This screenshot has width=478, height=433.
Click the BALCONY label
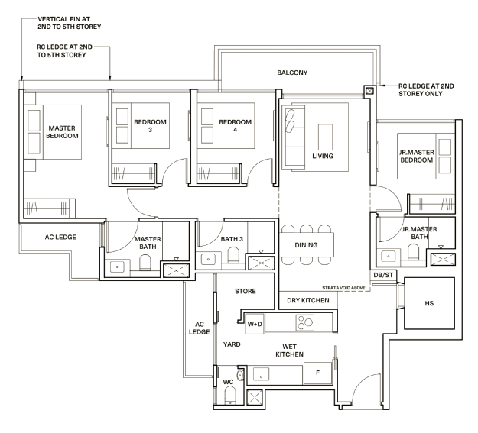click(x=292, y=73)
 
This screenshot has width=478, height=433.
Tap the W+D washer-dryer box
click(x=255, y=324)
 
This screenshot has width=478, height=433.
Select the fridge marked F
click(x=317, y=373)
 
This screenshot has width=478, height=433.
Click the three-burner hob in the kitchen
click(x=305, y=323)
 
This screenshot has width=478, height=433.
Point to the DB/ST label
click(x=383, y=275)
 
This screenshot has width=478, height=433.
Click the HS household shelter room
click(x=429, y=303)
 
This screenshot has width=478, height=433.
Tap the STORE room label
click(x=245, y=291)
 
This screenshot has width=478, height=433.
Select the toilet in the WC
click(x=230, y=396)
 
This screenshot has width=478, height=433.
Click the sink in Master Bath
click(x=117, y=267)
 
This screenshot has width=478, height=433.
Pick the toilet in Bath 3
click(x=233, y=255)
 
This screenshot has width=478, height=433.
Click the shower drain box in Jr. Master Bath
click(x=443, y=259)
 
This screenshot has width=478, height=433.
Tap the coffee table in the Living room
click(x=325, y=137)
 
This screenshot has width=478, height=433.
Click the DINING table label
click(x=306, y=245)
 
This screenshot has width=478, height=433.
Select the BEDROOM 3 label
click(x=150, y=126)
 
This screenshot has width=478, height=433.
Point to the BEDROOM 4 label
click(x=235, y=126)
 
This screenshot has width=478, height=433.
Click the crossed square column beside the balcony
click(x=369, y=91)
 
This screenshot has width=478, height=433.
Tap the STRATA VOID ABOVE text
click(x=343, y=288)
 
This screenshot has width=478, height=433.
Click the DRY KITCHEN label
click(x=308, y=301)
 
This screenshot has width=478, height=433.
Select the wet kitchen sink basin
click(x=262, y=374)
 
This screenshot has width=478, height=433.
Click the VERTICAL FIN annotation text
click(x=69, y=23)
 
